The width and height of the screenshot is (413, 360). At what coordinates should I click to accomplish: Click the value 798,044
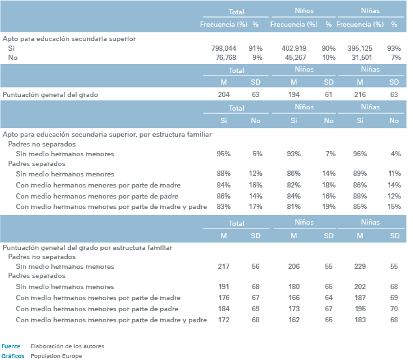[223, 48]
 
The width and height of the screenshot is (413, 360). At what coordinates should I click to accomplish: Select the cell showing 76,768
[226, 58]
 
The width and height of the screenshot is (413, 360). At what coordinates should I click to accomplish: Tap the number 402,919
[294, 48]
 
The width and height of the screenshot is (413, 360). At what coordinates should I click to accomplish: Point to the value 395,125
[360, 48]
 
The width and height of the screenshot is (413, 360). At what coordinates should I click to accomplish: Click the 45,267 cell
[296, 58]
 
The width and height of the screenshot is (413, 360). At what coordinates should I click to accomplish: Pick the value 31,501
[362, 58]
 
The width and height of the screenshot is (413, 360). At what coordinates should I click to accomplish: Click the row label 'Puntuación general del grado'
[50, 95]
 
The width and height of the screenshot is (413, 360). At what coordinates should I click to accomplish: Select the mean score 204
[223, 95]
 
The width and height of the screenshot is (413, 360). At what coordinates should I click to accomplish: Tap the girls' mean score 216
[360, 95]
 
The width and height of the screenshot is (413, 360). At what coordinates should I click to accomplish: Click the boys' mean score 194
[294, 95]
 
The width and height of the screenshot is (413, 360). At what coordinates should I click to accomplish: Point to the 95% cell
[223, 154]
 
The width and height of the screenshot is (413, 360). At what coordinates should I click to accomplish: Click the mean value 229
[360, 266]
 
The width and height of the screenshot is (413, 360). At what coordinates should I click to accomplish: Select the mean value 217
[223, 266]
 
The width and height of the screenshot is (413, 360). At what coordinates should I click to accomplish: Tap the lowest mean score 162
[294, 320]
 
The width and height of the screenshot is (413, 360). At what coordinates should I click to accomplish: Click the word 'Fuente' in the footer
[11, 346]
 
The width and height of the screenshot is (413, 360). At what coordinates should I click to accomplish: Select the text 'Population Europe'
[57, 356]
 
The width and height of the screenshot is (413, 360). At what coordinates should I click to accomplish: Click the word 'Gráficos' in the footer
[13, 356]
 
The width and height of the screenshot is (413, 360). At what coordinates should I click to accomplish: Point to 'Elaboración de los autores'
[68, 346]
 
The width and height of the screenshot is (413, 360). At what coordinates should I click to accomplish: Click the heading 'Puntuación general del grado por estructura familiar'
[87, 248]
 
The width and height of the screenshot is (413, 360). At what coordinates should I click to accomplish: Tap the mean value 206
[294, 266]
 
